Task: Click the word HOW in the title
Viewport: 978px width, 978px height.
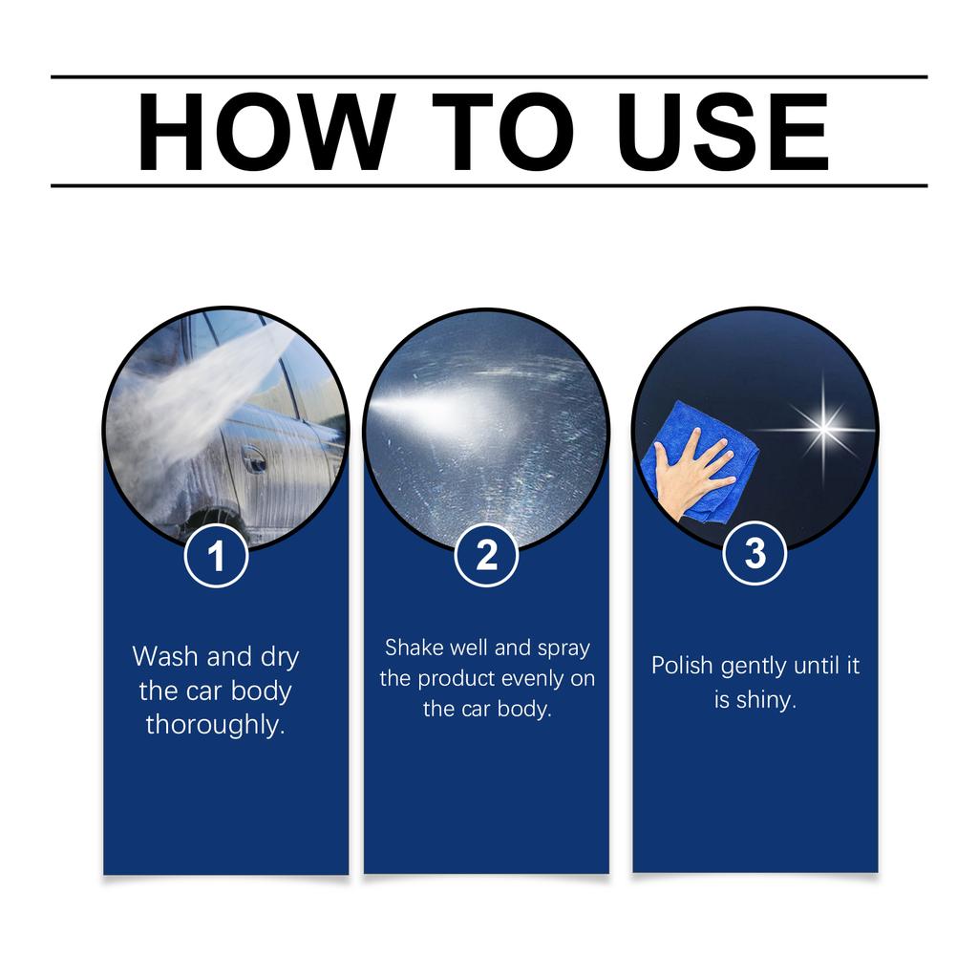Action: pos(265,132)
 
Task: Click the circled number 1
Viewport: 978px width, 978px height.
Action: pos(217,556)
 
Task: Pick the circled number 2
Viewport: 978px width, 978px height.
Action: pos(486,555)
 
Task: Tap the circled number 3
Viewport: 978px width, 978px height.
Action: pos(755,554)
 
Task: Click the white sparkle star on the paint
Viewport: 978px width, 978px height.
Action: pos(822,426)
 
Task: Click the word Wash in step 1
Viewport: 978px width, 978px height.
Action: pos(166,657)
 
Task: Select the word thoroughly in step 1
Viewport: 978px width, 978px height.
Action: pos(215,724)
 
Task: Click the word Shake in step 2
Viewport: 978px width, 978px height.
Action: pos(415,648)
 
